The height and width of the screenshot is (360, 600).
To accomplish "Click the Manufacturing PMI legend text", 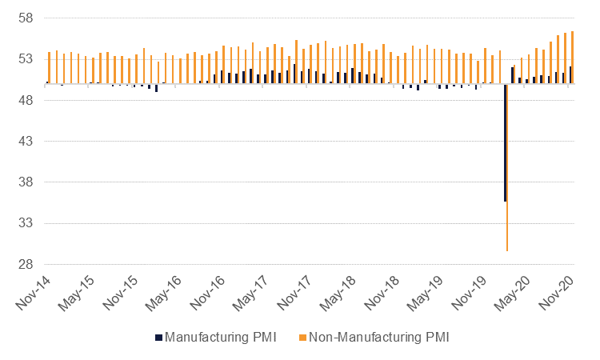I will [x=221, y=337].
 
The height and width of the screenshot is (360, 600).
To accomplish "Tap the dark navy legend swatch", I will [x=158, y=337].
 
